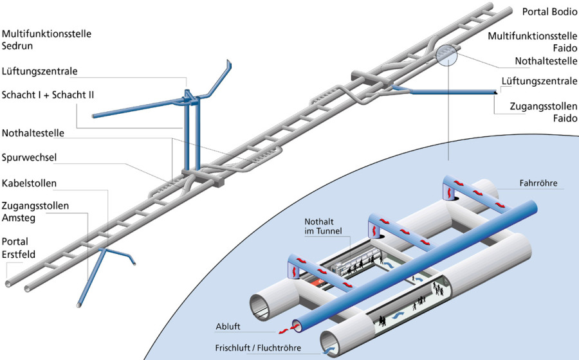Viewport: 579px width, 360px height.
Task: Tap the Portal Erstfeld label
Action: click(19, 248)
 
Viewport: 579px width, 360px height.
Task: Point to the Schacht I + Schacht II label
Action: click(48, 94)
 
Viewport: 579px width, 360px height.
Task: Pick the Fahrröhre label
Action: click(538, 183)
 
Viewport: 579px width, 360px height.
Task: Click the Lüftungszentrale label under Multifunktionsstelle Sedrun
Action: click(44, 71)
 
